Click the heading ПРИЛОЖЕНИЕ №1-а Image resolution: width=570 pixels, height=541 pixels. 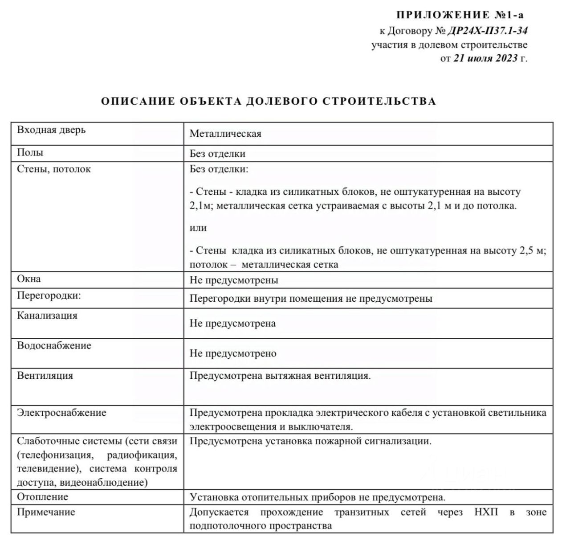460,15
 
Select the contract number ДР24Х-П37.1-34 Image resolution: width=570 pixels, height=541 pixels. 488,31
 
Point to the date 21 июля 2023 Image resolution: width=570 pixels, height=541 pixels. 485,58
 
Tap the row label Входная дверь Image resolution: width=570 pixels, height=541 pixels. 51,130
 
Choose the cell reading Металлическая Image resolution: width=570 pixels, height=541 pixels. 225,134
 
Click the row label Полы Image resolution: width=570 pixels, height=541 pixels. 30,152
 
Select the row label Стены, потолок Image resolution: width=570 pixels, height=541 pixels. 54,169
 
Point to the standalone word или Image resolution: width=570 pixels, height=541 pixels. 198,228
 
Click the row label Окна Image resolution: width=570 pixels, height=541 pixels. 29,279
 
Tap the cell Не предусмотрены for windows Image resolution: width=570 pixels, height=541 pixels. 234,280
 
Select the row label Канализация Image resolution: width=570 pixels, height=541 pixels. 47,316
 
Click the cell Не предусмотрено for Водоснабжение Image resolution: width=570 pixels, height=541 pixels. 233,353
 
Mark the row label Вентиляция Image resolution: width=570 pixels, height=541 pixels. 45,375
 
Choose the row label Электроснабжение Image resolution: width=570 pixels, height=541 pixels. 61,413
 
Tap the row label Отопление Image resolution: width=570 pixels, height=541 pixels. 43,496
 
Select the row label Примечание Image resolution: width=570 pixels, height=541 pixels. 46,512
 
